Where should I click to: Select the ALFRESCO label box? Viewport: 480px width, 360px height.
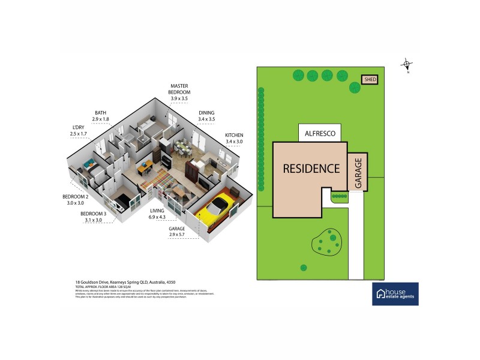coord(320,133)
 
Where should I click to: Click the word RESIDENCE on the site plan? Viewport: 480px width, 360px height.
coord(311,169)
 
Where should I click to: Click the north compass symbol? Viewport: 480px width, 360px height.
coord(407,65)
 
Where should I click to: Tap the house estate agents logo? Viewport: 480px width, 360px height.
coord(395,293)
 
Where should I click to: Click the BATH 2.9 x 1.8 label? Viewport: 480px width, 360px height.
coord(101,116)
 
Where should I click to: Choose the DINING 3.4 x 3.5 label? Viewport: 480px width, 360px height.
coord(206,116)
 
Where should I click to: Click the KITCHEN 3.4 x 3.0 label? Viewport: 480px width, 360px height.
coord(234,139)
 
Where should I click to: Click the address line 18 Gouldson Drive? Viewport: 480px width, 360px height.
coord(125,281)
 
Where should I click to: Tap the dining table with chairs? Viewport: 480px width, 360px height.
coord(183,148)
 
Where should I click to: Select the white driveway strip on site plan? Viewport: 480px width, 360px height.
coord(356,240)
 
